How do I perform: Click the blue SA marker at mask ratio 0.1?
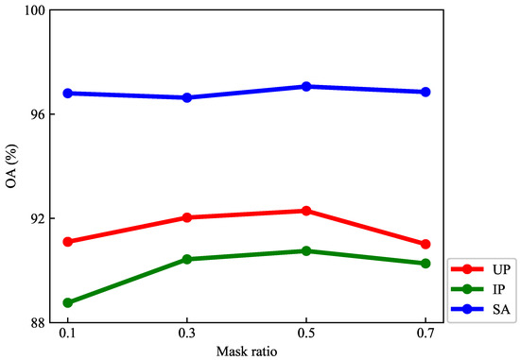coord(68,93)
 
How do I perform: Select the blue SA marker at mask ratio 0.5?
coord(306,86)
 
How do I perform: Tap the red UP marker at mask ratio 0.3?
coord(187,217)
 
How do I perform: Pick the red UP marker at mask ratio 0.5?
coord(306,211)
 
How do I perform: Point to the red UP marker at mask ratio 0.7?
coord(425,244)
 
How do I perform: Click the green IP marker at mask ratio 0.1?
coord(68,302)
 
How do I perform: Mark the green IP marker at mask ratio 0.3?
coord(187,259)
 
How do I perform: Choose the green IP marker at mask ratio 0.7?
coord(425,264)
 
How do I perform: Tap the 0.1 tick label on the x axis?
coord(68,335)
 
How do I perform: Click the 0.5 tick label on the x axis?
coord(306,335)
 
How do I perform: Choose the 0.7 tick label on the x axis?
coord(425,335)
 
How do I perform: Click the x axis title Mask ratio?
coord(247,351)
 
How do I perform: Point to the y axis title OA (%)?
coord(10,166)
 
